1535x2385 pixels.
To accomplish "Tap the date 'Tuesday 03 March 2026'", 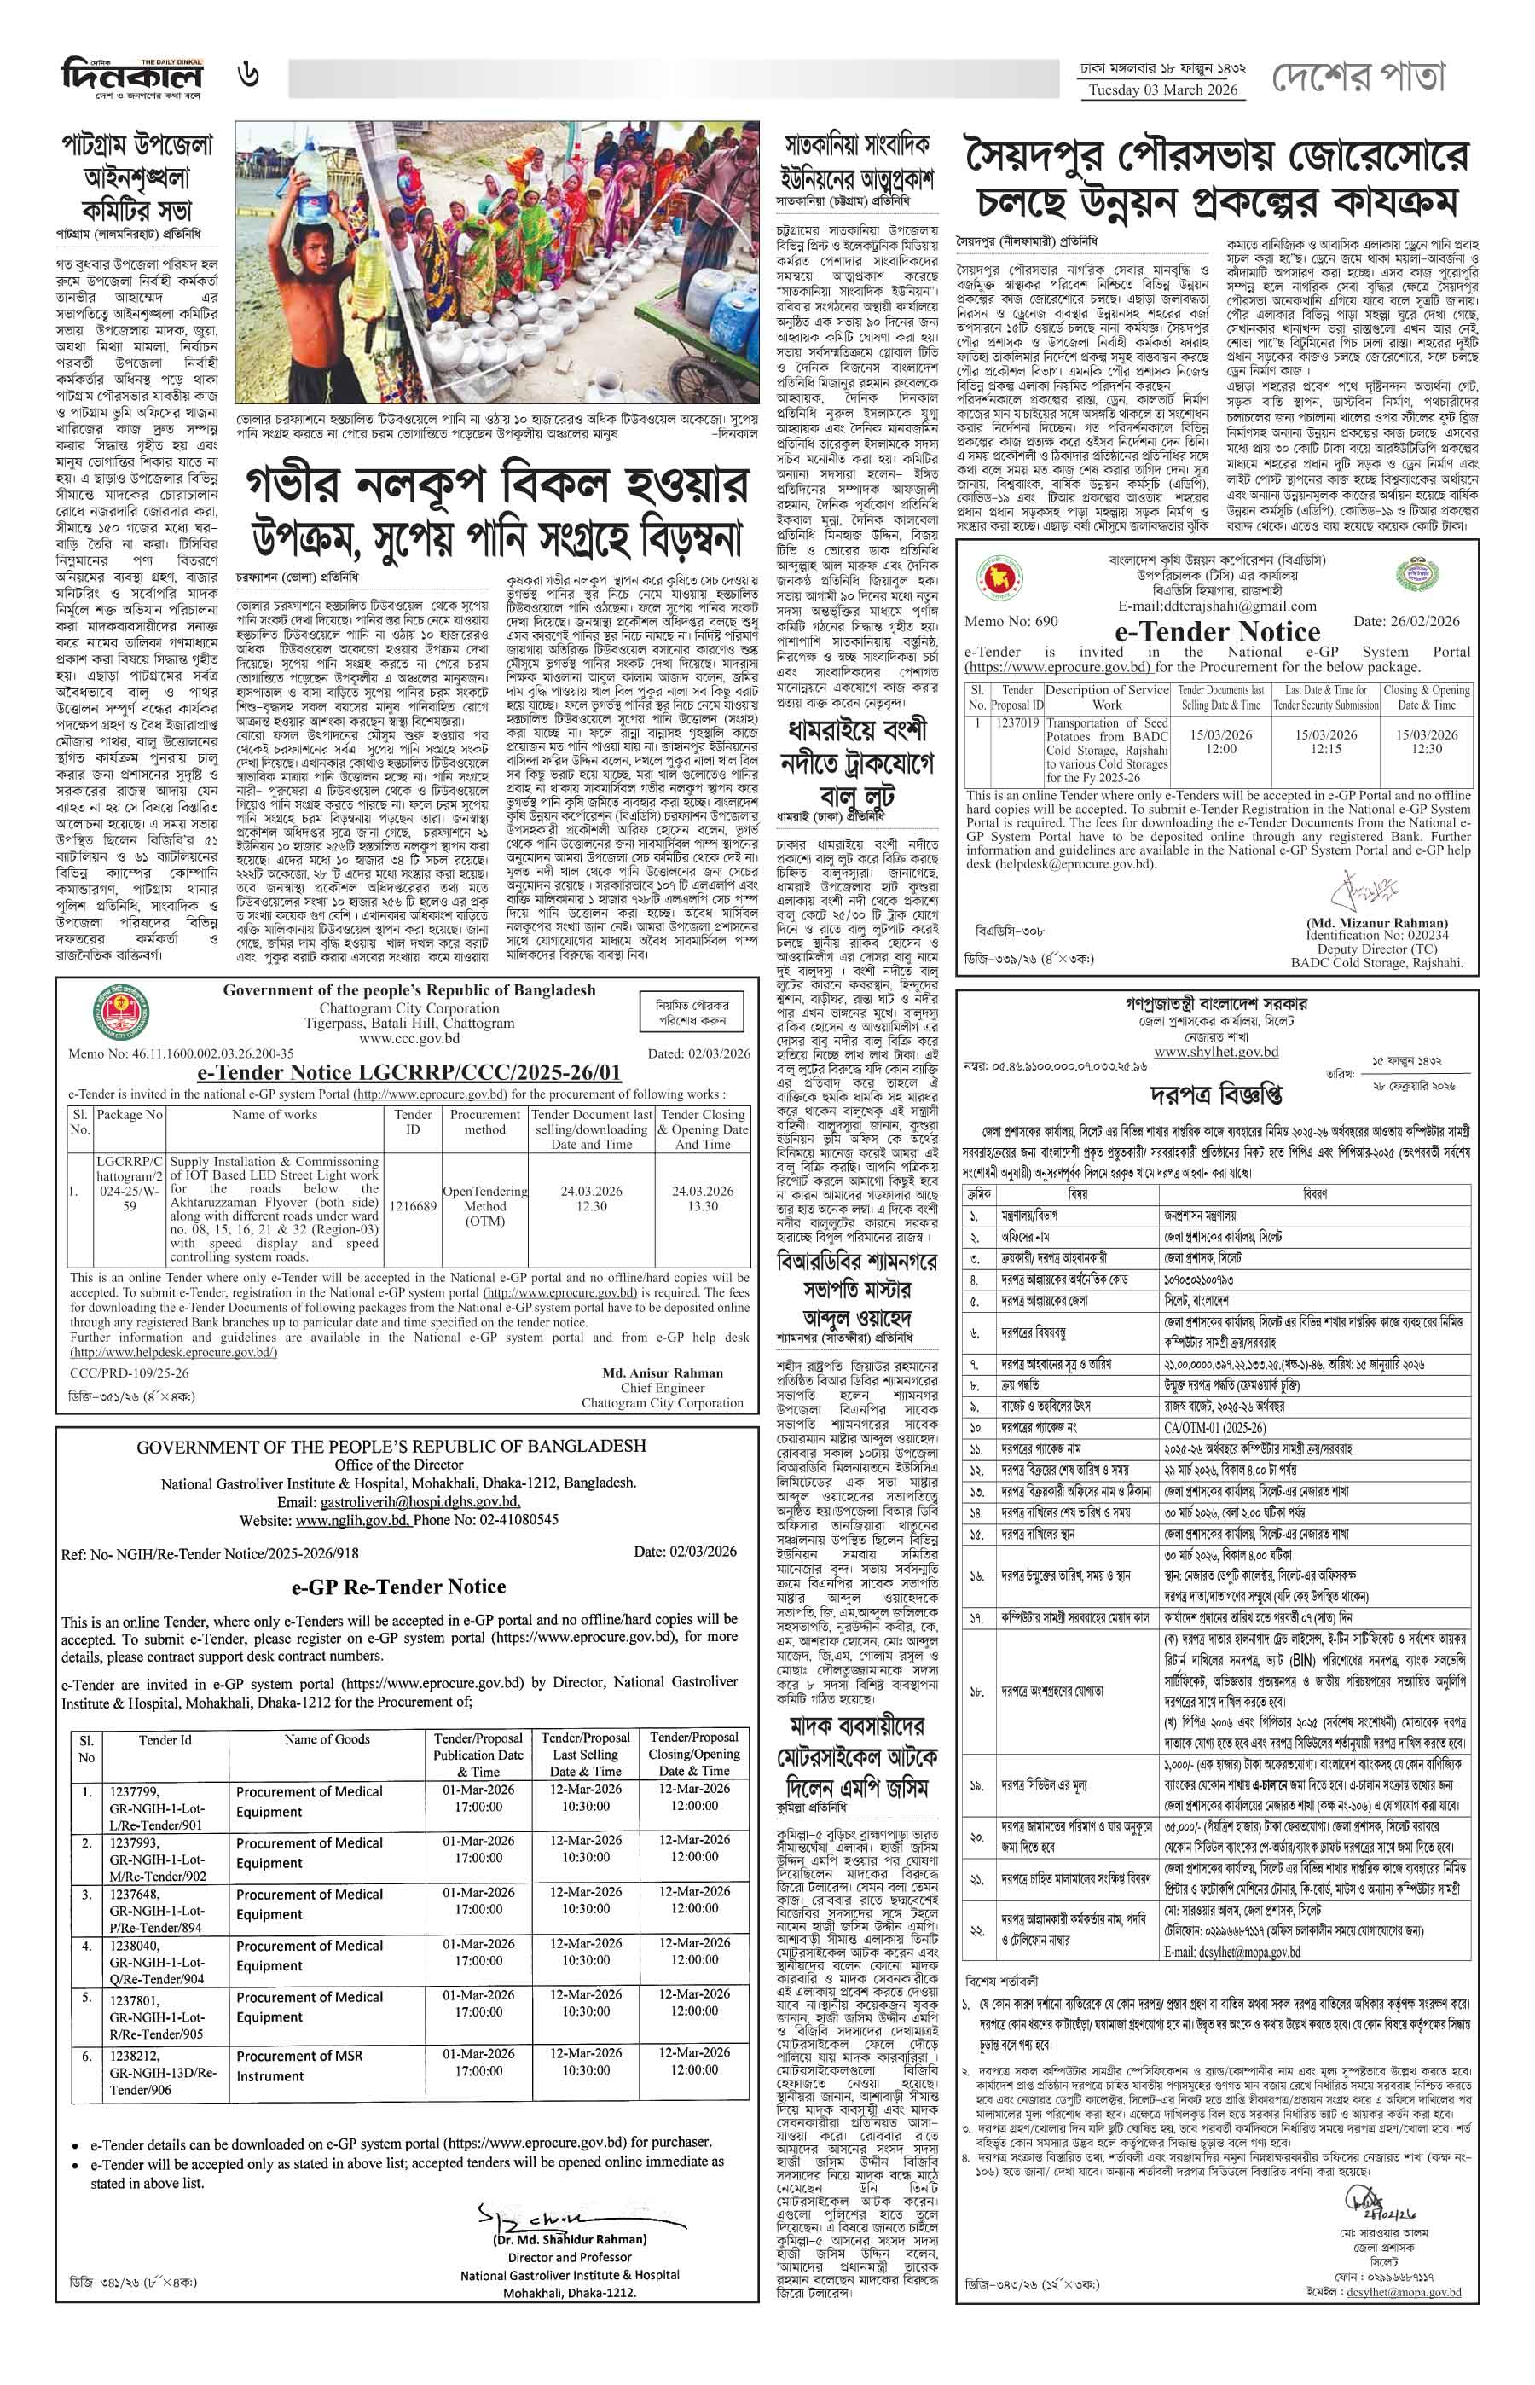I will point(1163,90).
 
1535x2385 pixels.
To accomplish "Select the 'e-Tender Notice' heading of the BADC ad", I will point(1217,631).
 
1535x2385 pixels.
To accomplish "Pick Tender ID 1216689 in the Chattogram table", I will point(413,1205).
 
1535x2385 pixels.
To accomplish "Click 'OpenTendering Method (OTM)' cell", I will point(484,1205).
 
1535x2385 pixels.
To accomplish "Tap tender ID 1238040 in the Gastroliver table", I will point(135,1946).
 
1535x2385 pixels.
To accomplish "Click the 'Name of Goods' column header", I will point(327,1739).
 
